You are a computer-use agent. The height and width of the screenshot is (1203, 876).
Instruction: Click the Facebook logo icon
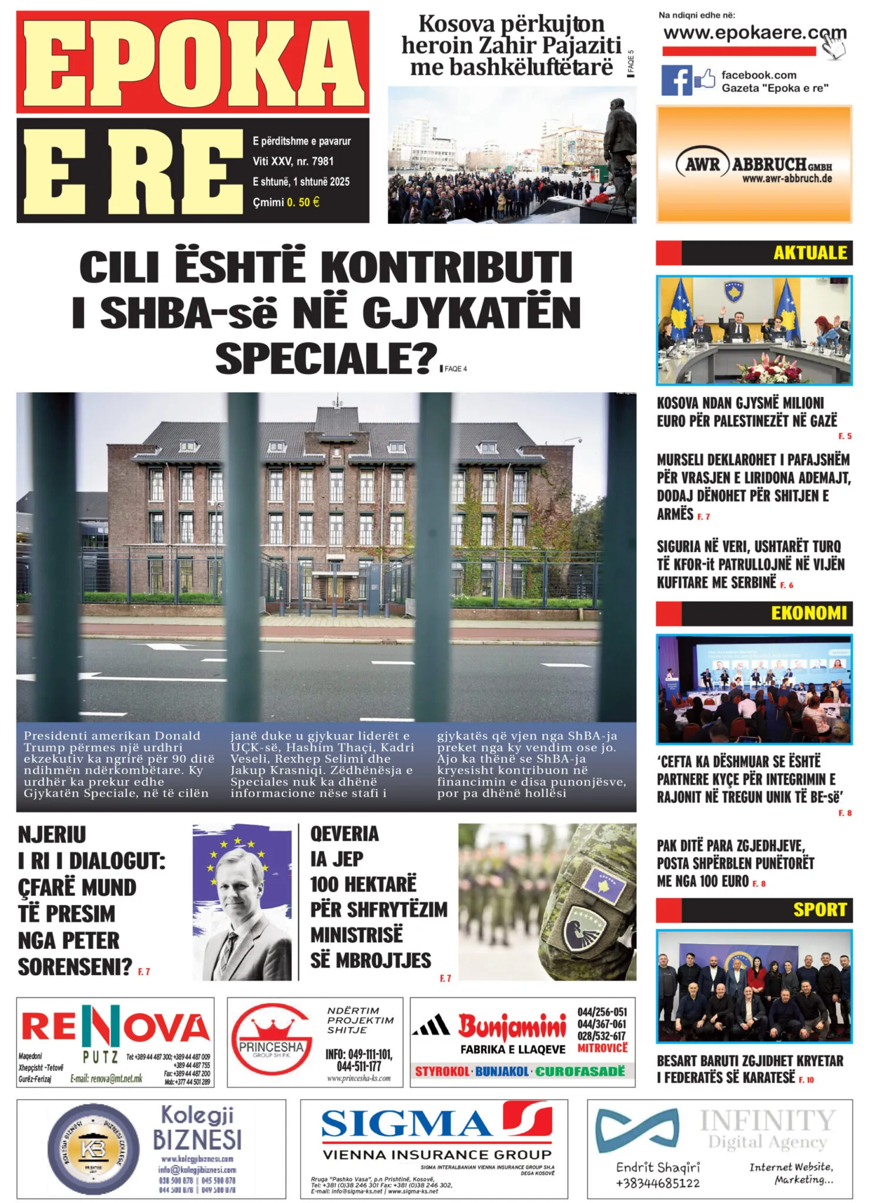click(x=677, y=80)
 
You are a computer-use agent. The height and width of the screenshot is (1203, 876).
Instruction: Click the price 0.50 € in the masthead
click(x=303, y=202)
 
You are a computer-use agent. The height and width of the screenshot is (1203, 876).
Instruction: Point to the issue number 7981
click(x=323, y=161)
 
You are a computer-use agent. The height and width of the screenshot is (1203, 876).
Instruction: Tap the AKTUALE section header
click(x=810, y=253)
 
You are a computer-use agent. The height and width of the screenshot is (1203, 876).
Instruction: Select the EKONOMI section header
click(x=808, y=613)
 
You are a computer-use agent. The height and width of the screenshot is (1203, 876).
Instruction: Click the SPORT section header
click(x=820, y=909)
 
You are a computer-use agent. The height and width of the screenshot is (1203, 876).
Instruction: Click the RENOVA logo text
click(x=115, y=1027)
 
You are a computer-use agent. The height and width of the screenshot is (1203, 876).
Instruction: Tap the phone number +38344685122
click(x=658, y=1183)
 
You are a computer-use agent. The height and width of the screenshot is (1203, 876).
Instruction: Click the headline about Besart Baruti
click(x=750, y=1068)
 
